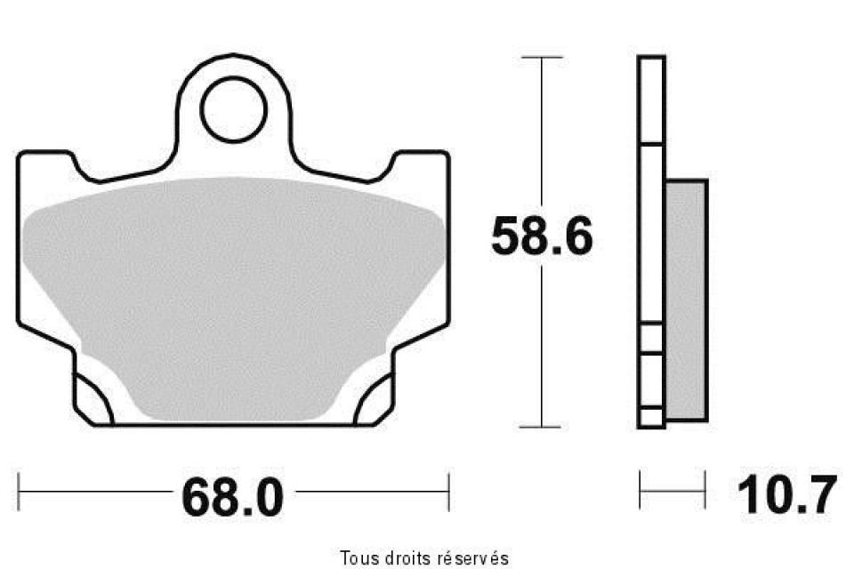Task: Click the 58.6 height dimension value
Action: point(541,237)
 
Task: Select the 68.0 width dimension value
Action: point(232,496)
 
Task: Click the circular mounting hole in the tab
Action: point(233,109)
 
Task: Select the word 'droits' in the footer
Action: point(405,558)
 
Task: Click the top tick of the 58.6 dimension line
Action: point(541,58)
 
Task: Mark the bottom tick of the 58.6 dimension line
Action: point(541,427)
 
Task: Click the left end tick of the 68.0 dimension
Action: point(20,487)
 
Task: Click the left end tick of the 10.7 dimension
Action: point(641,487)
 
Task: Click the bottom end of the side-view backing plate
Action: point(651,425)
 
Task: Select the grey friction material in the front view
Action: point(233,293)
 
